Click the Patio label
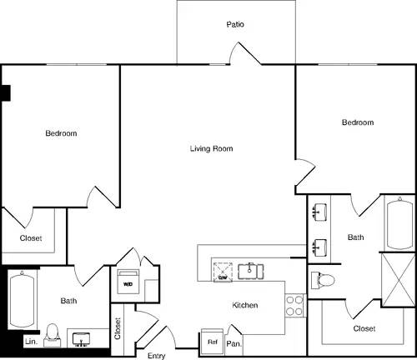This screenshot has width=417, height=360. point(236,25)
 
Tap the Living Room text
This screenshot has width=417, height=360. point(211,149)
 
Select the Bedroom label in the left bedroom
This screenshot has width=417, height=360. point(61,133)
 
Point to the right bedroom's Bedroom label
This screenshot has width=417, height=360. point(358,122)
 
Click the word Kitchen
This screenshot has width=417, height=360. point(244,306)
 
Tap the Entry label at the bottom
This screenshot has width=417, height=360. point(156,356)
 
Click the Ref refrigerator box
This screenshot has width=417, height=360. point(212,342)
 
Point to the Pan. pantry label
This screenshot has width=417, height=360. point(234,342)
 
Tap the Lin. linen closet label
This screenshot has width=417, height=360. point(31,342)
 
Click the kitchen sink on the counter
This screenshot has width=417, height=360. point(250,270)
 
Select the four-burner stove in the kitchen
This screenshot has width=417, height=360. point(294,305)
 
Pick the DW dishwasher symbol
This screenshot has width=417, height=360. point(224,270)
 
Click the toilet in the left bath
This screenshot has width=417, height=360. point(53,333)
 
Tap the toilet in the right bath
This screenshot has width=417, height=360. point(322,278)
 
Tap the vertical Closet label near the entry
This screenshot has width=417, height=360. point(118,329)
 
